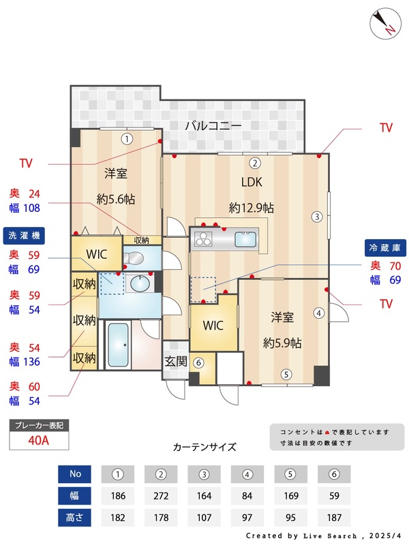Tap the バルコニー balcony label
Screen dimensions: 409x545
pyautogui.click(x=213, y=126)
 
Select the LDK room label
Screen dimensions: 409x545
pyautogui.click(x=252, y=182)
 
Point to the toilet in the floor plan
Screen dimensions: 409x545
pyautogui.click(x=134, y=258)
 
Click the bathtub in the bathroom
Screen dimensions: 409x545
pyautogui.click(x=119, y=345)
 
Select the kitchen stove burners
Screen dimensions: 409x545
pyautogui.click(x=204, y=239)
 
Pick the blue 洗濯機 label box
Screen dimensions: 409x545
pyautogui.click(x=24, y=235)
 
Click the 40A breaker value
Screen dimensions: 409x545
pyautogui.click(x=39, y=440)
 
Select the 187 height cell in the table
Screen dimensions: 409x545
pyautogui.click(x=334, y=518)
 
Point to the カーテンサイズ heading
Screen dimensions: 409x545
pyautogui.click(x=204, y=448)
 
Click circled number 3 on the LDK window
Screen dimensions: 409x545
pyautogui.click(x=317, y=217)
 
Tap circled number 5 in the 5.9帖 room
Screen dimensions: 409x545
pyautogui.click(x=286, y=373)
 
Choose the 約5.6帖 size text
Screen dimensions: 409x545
pyautogui.click(x=115, y=199)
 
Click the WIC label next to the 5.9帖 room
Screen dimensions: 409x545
pyautogui.click(x=213, y=325)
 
